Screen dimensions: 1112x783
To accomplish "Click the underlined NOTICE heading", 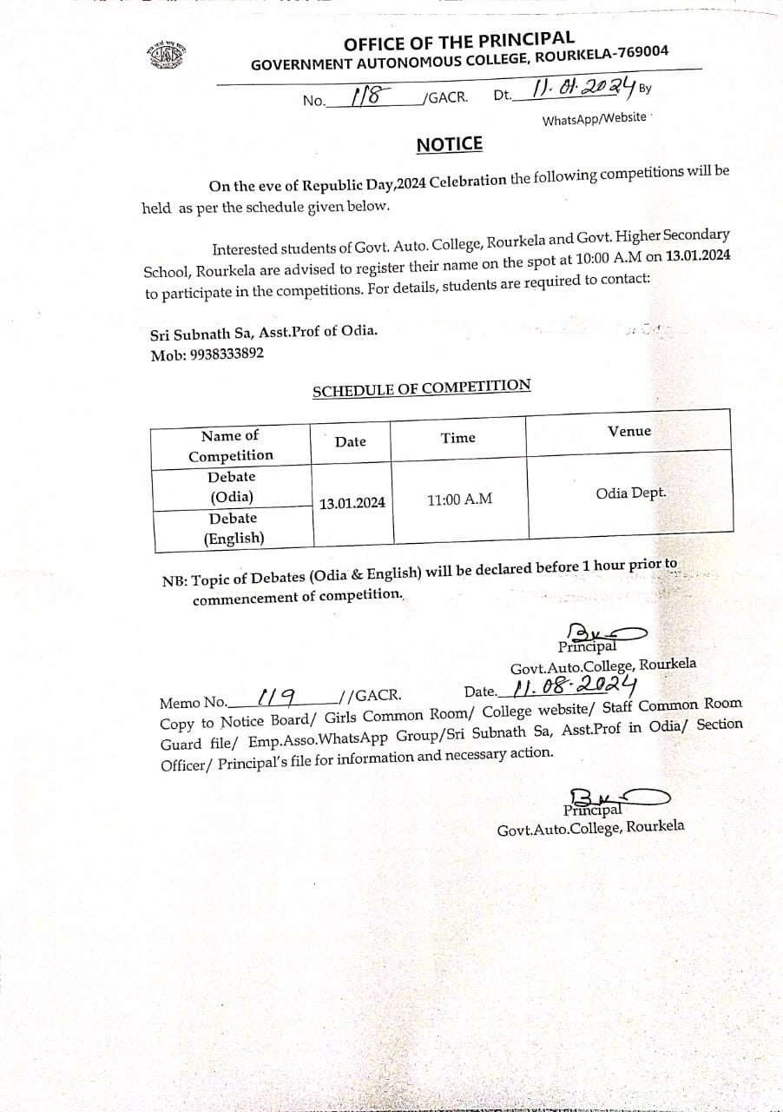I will tap(449, 144).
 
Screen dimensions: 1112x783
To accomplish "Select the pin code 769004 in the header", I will tap(641, 53).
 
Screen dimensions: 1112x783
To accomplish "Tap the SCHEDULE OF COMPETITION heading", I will tap(421, 388).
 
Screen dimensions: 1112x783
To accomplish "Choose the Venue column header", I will tap(629, 431).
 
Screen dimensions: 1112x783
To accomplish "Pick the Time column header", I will tap(458, 438).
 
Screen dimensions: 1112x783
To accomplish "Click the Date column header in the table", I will tap(351, 441).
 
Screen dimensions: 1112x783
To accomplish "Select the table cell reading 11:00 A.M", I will tap(459, 500).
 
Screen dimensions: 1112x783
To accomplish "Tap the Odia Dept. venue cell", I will tap(631, 493).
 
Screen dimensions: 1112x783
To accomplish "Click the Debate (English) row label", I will tap(234, 528).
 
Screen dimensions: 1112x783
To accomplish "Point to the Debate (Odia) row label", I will tap(232, 486).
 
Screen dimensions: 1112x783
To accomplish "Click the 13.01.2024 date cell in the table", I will tap(352, 503).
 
